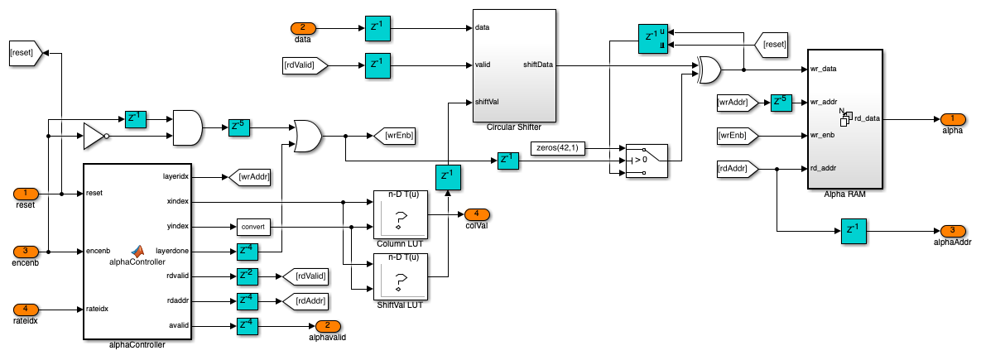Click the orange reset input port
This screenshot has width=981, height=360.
[x=26, y=194]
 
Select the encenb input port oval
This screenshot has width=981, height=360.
[x=26, y=250]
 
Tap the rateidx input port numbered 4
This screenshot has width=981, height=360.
[x=26, y=309]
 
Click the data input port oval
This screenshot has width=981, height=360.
[x=302, y=27]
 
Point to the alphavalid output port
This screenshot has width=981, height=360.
[x=328, y=326]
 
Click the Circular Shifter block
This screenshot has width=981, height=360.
[x=514, y=65]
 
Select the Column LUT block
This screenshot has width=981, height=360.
[x=400, y=216]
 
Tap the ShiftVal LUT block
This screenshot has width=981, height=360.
[x=400, y=276]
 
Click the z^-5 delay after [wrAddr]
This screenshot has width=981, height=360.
[x=781, y=103]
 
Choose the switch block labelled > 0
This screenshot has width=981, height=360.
[x=645, y=157]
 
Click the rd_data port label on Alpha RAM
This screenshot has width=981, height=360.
[x=867, y=118]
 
